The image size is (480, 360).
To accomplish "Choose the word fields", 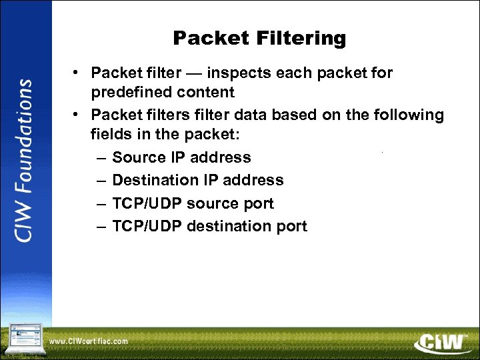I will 111,133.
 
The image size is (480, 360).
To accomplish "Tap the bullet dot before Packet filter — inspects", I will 77,72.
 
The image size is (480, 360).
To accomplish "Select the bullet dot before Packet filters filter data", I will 77,115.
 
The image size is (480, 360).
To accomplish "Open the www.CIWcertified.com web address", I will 88,341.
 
